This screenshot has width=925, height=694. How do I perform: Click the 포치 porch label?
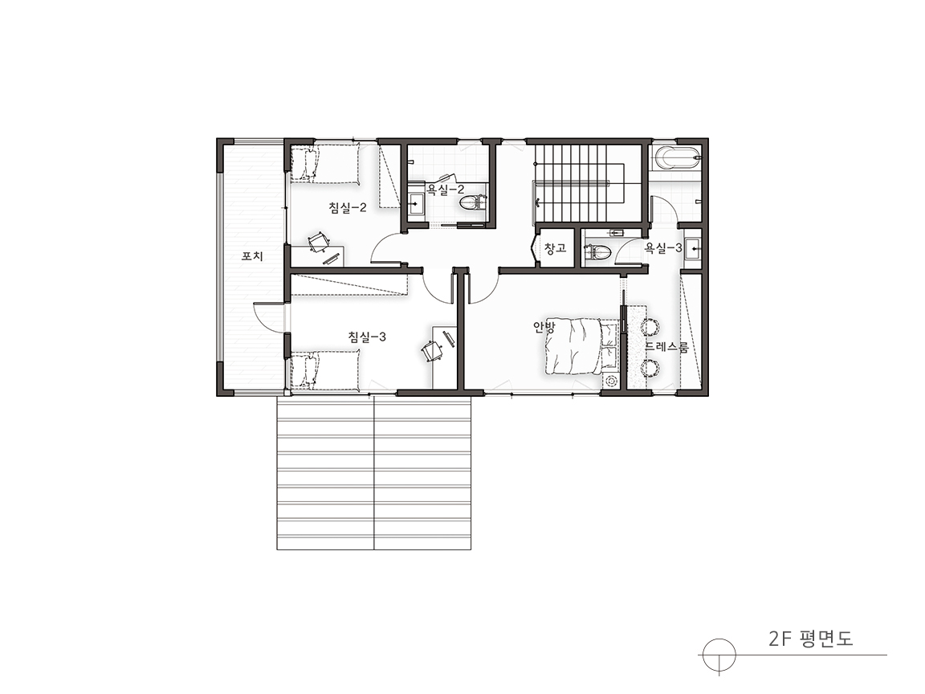[252, 257]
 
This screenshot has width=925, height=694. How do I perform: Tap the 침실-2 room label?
[348, 207]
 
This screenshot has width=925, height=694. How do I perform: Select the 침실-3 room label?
[367, 337]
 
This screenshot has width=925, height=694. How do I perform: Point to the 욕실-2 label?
[446, 190]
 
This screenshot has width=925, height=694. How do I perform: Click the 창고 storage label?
[555, 248]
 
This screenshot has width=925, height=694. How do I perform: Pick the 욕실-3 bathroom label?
[663, 248]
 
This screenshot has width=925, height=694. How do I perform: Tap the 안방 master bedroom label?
[544, 328]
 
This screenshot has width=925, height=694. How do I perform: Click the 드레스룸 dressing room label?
[666, 347]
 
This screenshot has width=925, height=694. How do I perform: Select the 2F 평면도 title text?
[810, 639]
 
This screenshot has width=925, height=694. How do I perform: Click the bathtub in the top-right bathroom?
[677, 157]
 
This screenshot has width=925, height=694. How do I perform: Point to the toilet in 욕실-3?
[597, 252]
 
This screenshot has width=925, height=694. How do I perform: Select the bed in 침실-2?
[324, 164]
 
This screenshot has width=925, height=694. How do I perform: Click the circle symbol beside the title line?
[719, 655]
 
